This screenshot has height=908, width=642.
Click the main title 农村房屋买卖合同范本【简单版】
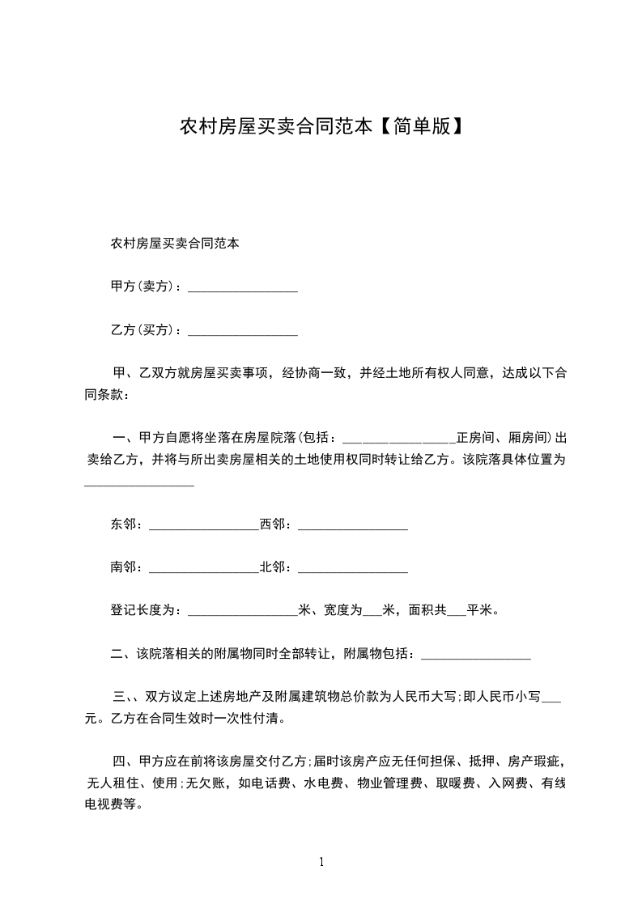pos(321,127)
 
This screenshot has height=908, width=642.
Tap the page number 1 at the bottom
pos(321,862)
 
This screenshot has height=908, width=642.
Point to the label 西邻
pos(274,524)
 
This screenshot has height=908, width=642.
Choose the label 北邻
pos(274,567)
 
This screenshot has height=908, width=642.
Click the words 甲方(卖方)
pos(142,286)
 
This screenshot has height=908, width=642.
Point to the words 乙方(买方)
pos(142,330)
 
